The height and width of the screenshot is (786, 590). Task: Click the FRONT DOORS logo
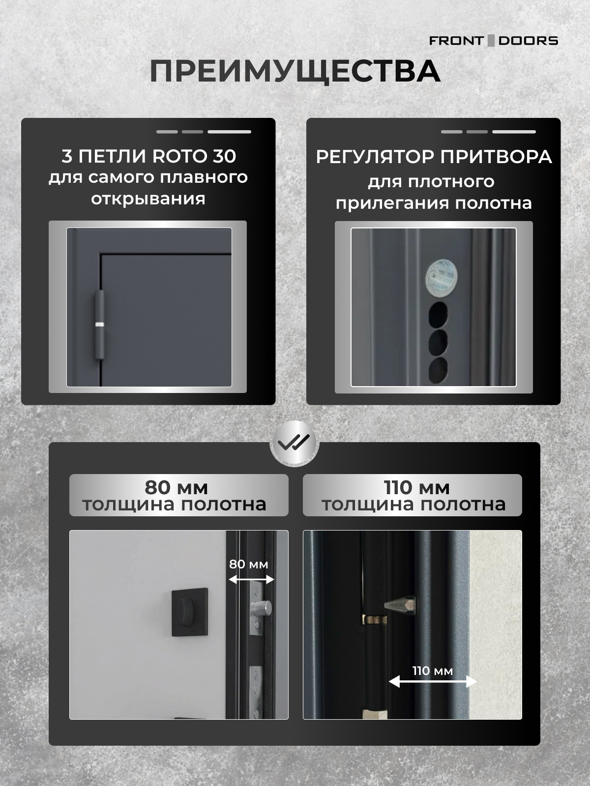(493, 41)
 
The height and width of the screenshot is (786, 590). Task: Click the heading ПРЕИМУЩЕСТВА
(295, 72)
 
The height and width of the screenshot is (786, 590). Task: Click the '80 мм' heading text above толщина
(176, 487)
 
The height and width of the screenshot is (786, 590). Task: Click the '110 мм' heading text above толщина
(416, 487)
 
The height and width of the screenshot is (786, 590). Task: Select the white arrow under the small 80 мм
(251, 580)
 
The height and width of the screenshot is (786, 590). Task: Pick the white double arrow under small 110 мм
(433, 681)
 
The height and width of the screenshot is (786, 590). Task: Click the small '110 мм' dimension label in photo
(432, 671)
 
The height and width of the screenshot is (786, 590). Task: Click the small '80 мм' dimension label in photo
(249, 564)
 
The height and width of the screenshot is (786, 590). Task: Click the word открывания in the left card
(148, 199)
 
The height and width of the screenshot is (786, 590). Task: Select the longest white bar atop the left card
(229, 132)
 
